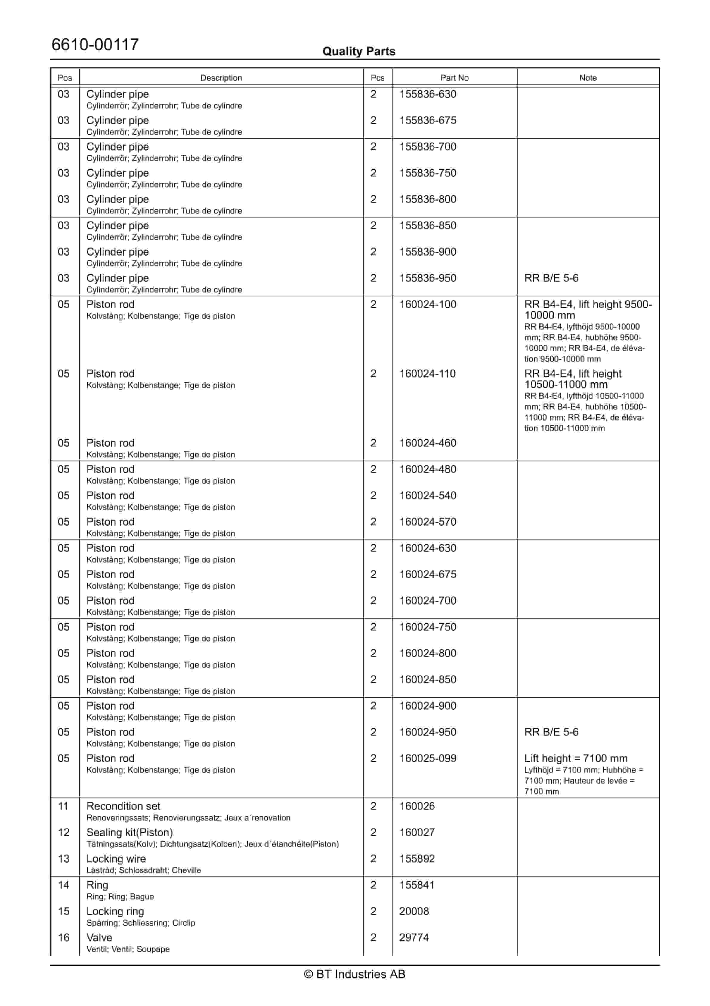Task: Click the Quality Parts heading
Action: click(359, 51)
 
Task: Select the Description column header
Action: click(221, 78)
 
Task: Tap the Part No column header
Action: click(454, 78)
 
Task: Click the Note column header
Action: click(588, 78)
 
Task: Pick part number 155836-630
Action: click(428, 94)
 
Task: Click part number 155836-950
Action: click(428, 278)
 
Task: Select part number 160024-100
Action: click(428, 304)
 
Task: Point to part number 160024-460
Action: click(428, 443)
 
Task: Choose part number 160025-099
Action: click(428, 758)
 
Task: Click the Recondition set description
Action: click(124, 806)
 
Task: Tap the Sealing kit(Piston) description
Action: click(129, 832)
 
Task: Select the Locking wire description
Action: click(116, 859)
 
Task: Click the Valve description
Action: click(99, 938)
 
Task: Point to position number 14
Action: click(64, 885)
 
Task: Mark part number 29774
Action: click(414, 938)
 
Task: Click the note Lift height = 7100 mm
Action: click(576, 758)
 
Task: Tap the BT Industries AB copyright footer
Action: click(355, 974)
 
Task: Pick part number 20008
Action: click(414, 911)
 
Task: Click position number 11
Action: click(64, 806)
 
